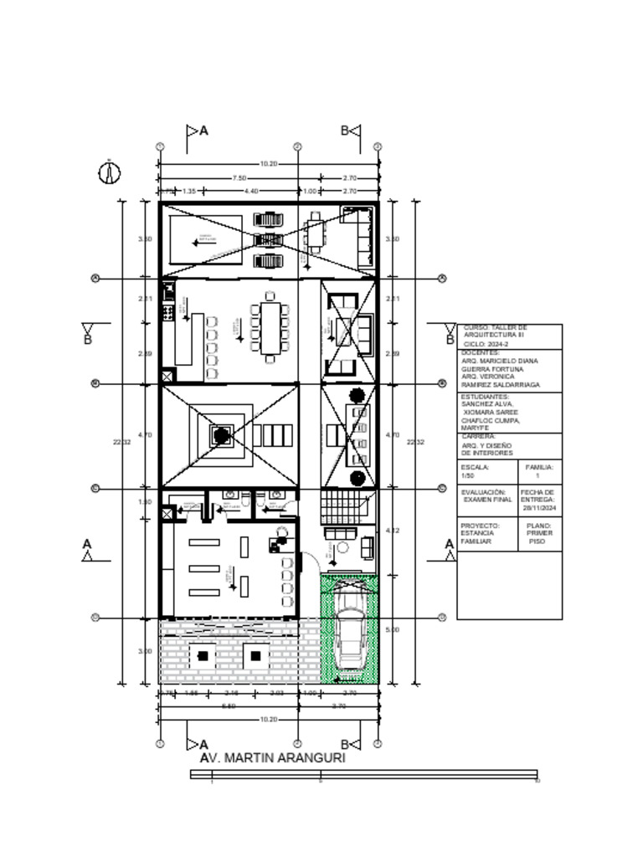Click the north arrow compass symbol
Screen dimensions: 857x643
tap(110, 172)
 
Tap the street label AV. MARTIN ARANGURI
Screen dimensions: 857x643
tap(272, 757)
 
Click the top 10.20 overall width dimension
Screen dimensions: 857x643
tap(268, 164)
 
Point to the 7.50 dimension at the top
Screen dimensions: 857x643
tap(239, 178)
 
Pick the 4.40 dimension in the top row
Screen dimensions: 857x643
tap(250, 192)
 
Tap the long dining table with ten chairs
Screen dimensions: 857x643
tap(269, 328)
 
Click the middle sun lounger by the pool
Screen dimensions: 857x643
tap(268, 240)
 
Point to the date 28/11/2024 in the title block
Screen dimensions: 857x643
tap(538, 507)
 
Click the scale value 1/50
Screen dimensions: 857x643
tap(467, 475)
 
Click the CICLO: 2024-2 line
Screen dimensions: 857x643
tap(485, 344)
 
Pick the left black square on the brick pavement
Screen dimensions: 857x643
tap(203, 655)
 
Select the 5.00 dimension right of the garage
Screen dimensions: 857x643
tap(393, 629)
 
